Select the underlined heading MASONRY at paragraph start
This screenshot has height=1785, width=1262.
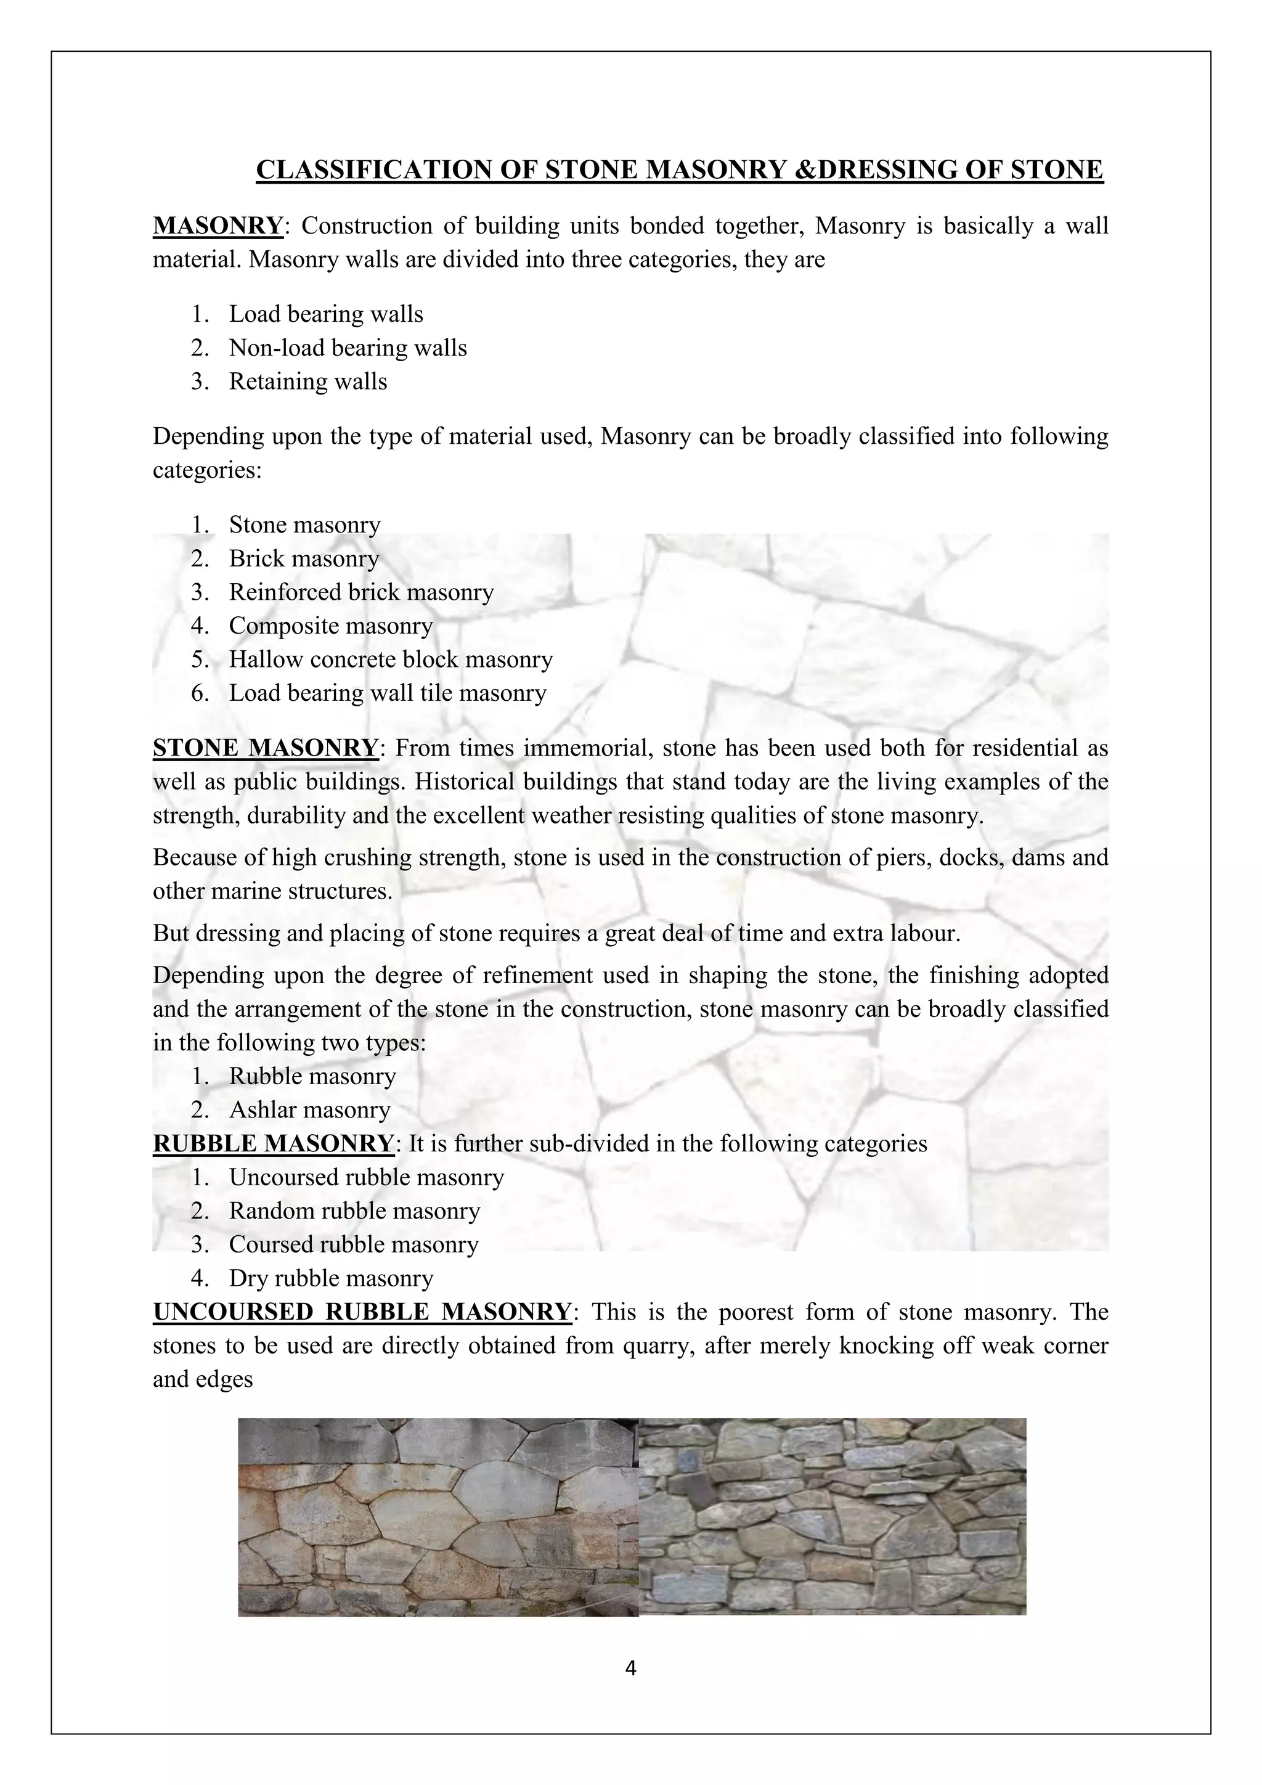pyautogui.click(x=218, y=226)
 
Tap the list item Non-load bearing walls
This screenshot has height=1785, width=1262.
pyautogui.click(x=348, y=348)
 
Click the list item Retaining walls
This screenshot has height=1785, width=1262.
pyautogui.click(x=307, y=382)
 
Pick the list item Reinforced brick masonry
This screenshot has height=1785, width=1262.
pyautogui.click(x=361, y=592)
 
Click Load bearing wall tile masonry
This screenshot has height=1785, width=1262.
pyautogui.click(x=387, y=693)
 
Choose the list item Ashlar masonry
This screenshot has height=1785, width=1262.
pyautogui.click(x=309, y=1110)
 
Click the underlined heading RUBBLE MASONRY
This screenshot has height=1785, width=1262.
pyautogui.click(x=274, y=1143)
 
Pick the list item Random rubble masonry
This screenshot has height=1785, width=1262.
pyautogui.click(x=354, y=1211)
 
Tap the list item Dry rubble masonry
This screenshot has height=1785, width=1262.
pyautogui.click(x=331, y=1278)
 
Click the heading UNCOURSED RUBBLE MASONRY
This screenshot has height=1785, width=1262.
pyautogui.click(x=362, y=1312)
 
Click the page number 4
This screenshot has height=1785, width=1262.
pyautogui.click(x=630, y=1669)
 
